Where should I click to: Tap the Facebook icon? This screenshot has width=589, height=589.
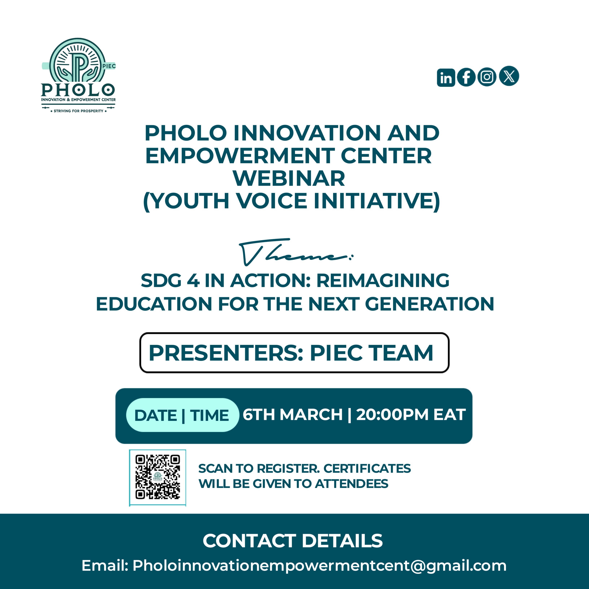pos(466,77)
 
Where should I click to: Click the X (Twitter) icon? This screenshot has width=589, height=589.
pos(509,76)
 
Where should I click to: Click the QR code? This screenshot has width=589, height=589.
pos(158,477)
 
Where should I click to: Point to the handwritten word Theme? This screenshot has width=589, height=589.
pos(296,252)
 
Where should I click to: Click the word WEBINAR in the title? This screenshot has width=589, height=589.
pos(289,178)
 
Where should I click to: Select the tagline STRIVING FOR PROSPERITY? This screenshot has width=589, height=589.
pos(78,111)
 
